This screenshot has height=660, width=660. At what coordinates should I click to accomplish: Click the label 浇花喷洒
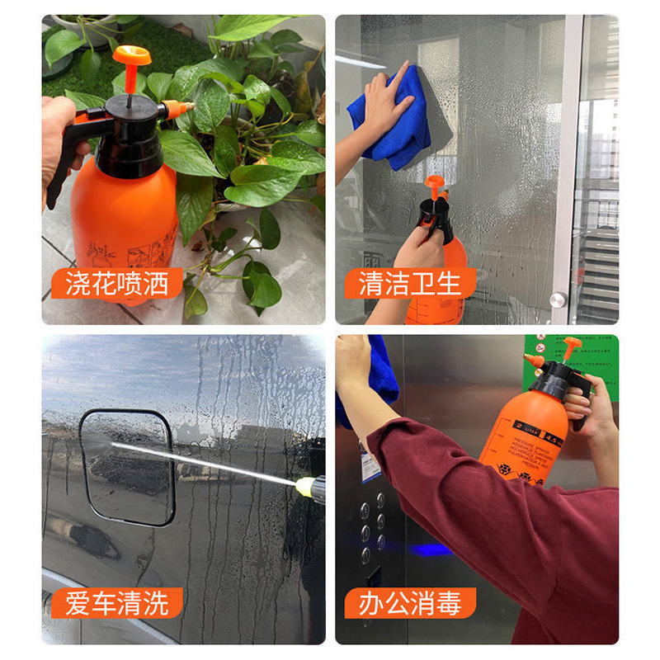click(x=115, y=284)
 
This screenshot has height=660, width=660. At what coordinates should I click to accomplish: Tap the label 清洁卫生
click(x=408, y=284)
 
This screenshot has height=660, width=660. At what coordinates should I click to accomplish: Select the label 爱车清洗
click(x=115, y=603)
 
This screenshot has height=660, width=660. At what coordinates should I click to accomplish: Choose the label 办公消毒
click(x=408, y=603)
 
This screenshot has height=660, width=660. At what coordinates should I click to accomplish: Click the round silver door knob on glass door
click(x=559, y=299)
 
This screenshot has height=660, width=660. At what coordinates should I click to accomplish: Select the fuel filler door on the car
click(x=128, y=466)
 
